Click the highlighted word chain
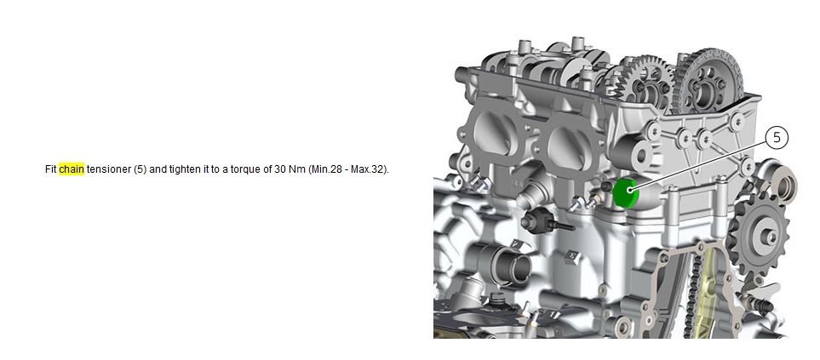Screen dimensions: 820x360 [72, 169]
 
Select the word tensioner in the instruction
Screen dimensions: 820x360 [108, 169]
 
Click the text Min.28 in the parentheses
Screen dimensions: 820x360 [324, 169]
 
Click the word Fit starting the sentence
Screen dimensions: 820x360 [51, 169]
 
